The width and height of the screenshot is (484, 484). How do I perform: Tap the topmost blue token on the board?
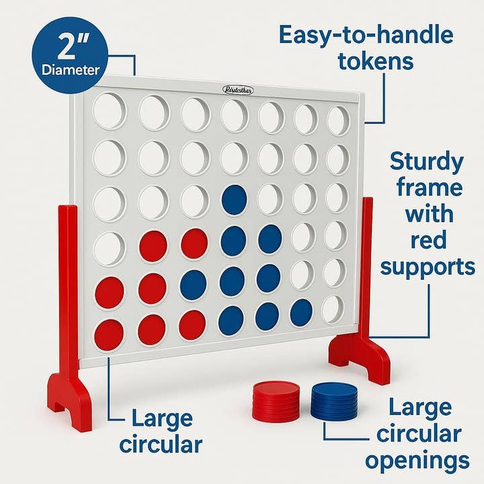click(x=234, y=200)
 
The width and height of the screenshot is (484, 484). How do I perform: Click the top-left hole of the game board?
click(x=109, y=111)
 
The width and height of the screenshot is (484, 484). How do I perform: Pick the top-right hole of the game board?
click(x=338, y=120)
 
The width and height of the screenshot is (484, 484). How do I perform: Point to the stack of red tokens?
click(x=275, y=401)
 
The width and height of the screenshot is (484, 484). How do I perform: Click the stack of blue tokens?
click(x=334, y=401)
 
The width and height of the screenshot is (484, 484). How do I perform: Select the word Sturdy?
click(x=428, y=162)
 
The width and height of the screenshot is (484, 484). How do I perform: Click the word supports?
click(x=428, y=267)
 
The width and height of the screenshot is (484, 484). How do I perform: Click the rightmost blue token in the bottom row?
click(x=300, y=313)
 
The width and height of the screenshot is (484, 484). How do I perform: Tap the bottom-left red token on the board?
click(x=109, y=334)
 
